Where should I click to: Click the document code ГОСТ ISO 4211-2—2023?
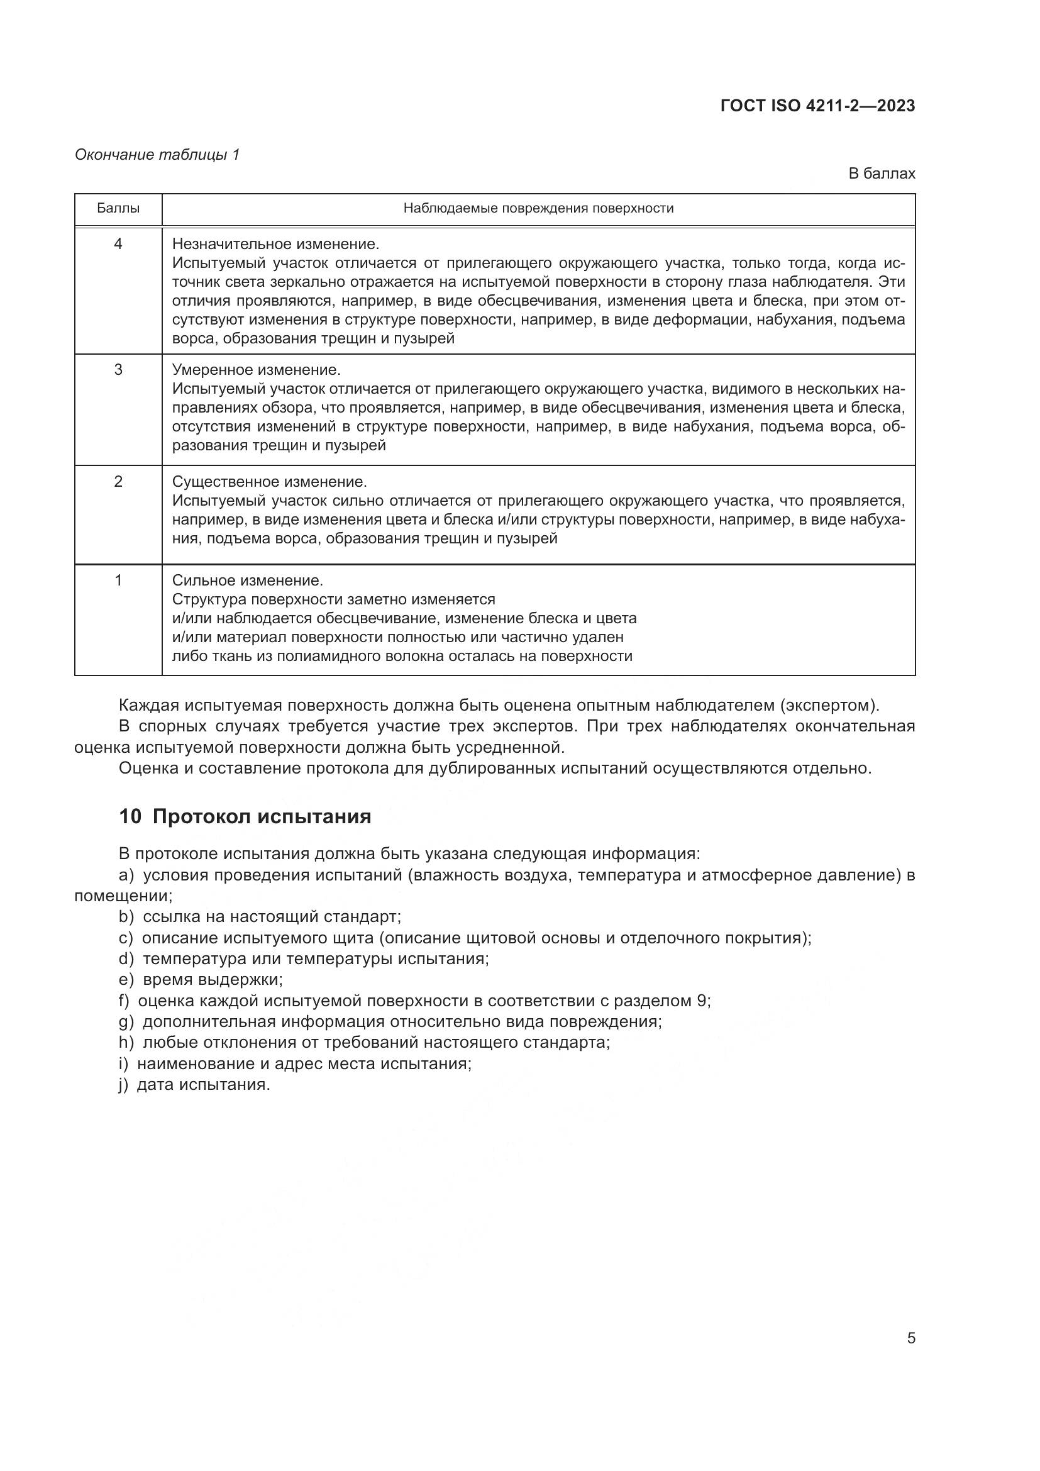click(x=817, y=106)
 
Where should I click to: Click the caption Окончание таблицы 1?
click(x=157, y=155)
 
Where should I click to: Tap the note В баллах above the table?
click(x=881, y=174)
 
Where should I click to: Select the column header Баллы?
click(x=118, y=208)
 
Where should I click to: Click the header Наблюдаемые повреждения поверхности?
click(x=538, y=208)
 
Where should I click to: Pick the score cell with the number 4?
click(x=118, y=244)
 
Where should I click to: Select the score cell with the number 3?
click(x=118, y=370)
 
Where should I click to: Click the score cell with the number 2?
click(x=118, y=481)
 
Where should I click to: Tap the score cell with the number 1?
click(x=118, y=580)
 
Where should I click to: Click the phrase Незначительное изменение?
click(x=276, y=244)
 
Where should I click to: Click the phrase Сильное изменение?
click(x=248, y=580)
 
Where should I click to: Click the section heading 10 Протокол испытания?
click(x=245, y=817)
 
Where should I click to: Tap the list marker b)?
click(x=126, y=917)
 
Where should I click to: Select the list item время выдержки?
click(x=212, y=980)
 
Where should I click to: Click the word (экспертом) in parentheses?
click(x=829, y=706)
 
